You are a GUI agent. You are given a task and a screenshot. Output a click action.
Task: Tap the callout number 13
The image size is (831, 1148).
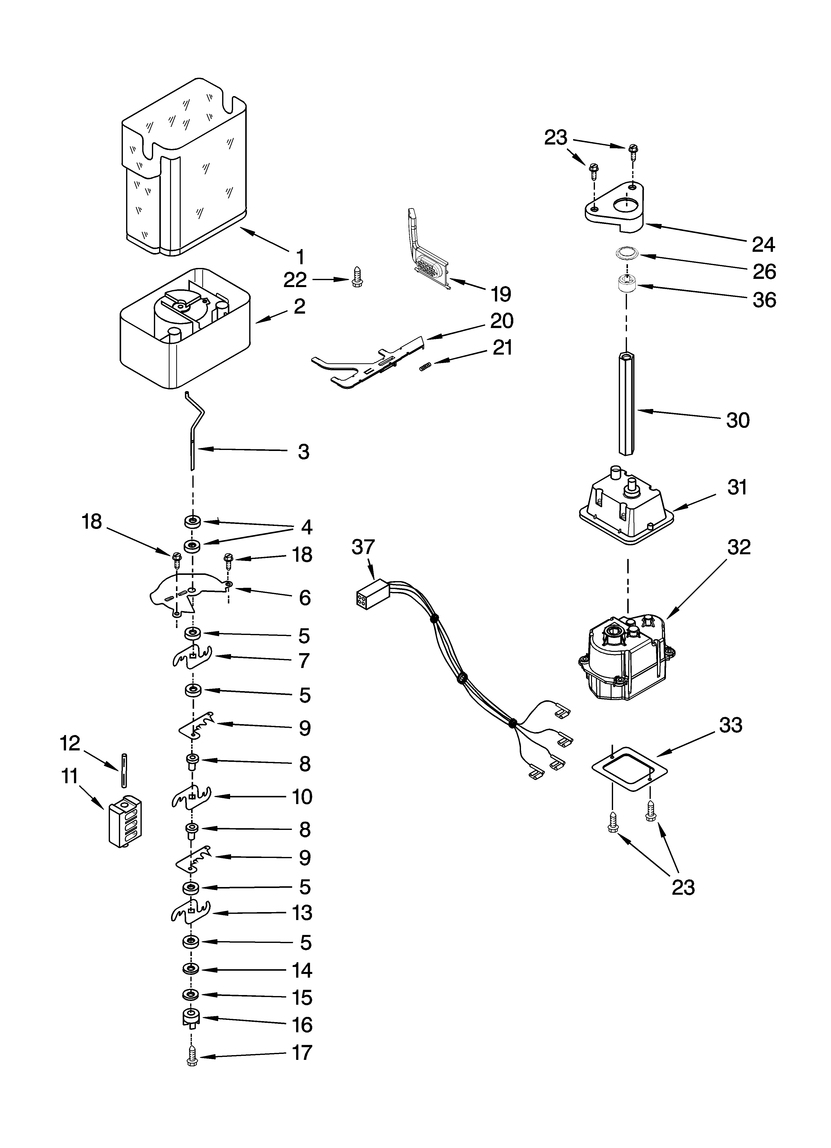pos(302,913)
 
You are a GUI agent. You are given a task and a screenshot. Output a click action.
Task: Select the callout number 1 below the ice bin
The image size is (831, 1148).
pos(300,257)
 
